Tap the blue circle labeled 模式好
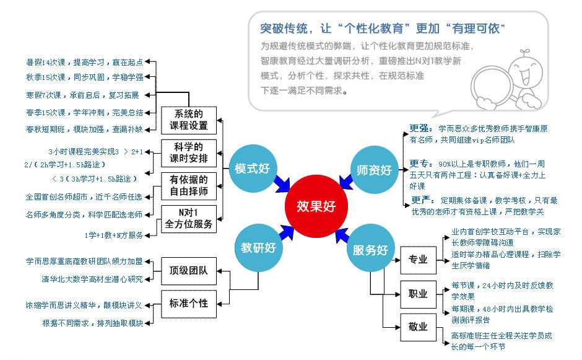(252, 169)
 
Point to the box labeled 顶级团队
(189, 271)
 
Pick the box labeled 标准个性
(189, 304)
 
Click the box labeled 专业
(418, 260)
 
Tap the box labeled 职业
(418, 294)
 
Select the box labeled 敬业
(418, 327)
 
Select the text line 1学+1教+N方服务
(114, 235)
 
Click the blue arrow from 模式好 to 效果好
(282, 184)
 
